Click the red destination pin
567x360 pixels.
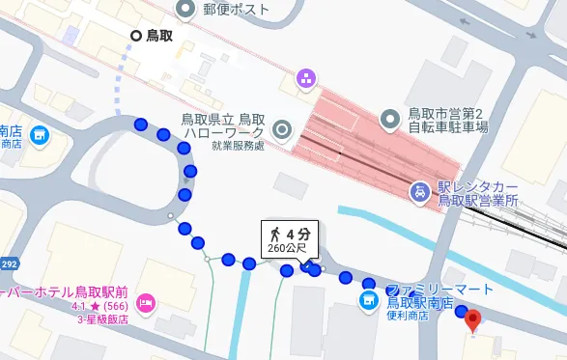[x=472, y=320]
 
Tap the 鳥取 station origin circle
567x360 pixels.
[x=136, y=36]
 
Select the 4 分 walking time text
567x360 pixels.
[x=298, y=234]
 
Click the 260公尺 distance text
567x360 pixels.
[x=287, y=249]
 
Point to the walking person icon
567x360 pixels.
[x=275, y=234]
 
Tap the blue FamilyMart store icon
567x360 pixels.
[x=368, y=302]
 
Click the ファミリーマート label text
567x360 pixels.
[x=439, y=290]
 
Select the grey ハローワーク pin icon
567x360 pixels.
[x=282, y=128]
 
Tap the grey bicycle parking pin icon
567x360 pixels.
[x=390, y=119]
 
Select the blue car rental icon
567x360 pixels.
[x=420, y=191]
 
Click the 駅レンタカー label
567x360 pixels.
[x=478, y=186]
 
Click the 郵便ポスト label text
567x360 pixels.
[x=237, y=9]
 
